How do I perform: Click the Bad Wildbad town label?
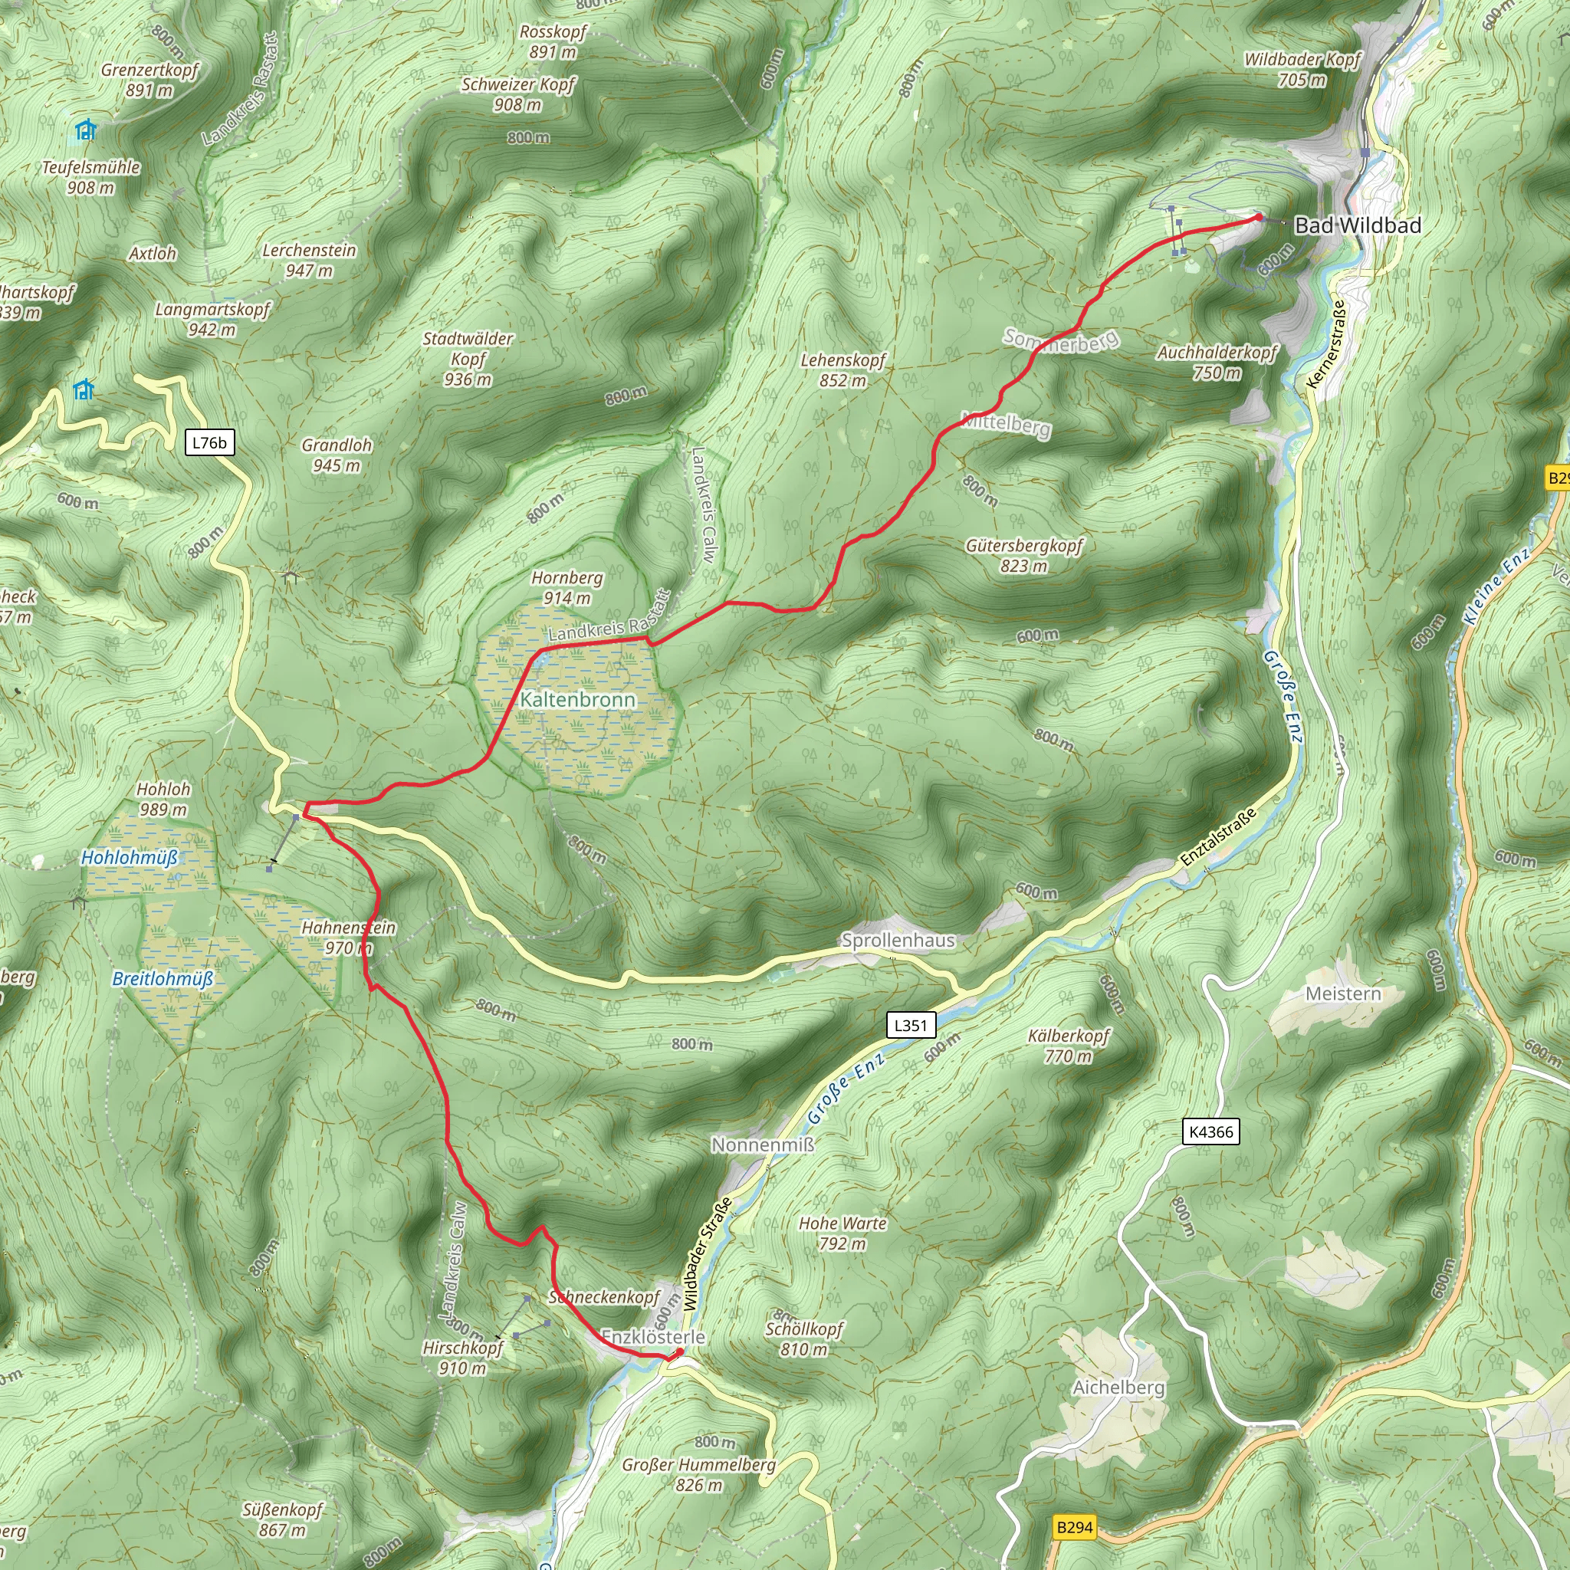coord(1357,225)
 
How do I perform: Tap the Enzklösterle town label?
coord(652,1337)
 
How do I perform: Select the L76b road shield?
coord(209,443)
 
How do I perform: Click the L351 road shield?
coord(910,1025)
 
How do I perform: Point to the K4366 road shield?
coord(1210,1132)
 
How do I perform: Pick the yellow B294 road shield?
coord(1074,1527)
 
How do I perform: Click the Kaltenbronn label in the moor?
coord(578,700)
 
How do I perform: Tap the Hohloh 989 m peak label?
coord(163,799)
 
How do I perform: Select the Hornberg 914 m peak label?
coord(567,587)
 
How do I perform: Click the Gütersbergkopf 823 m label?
coord(1024,556)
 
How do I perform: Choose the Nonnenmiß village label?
coord(762,1145)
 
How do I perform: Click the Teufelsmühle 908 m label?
coord(91,177)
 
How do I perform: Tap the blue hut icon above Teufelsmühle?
coord(85,130)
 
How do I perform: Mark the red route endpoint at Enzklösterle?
coord(680,1352)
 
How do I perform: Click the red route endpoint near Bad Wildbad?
coord(1259,217)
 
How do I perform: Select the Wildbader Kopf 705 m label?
coord(1302,69)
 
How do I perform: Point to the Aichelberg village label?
coord(1119,1387)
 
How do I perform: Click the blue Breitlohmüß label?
coord(163,978)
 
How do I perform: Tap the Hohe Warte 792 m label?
coord(842,1233)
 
